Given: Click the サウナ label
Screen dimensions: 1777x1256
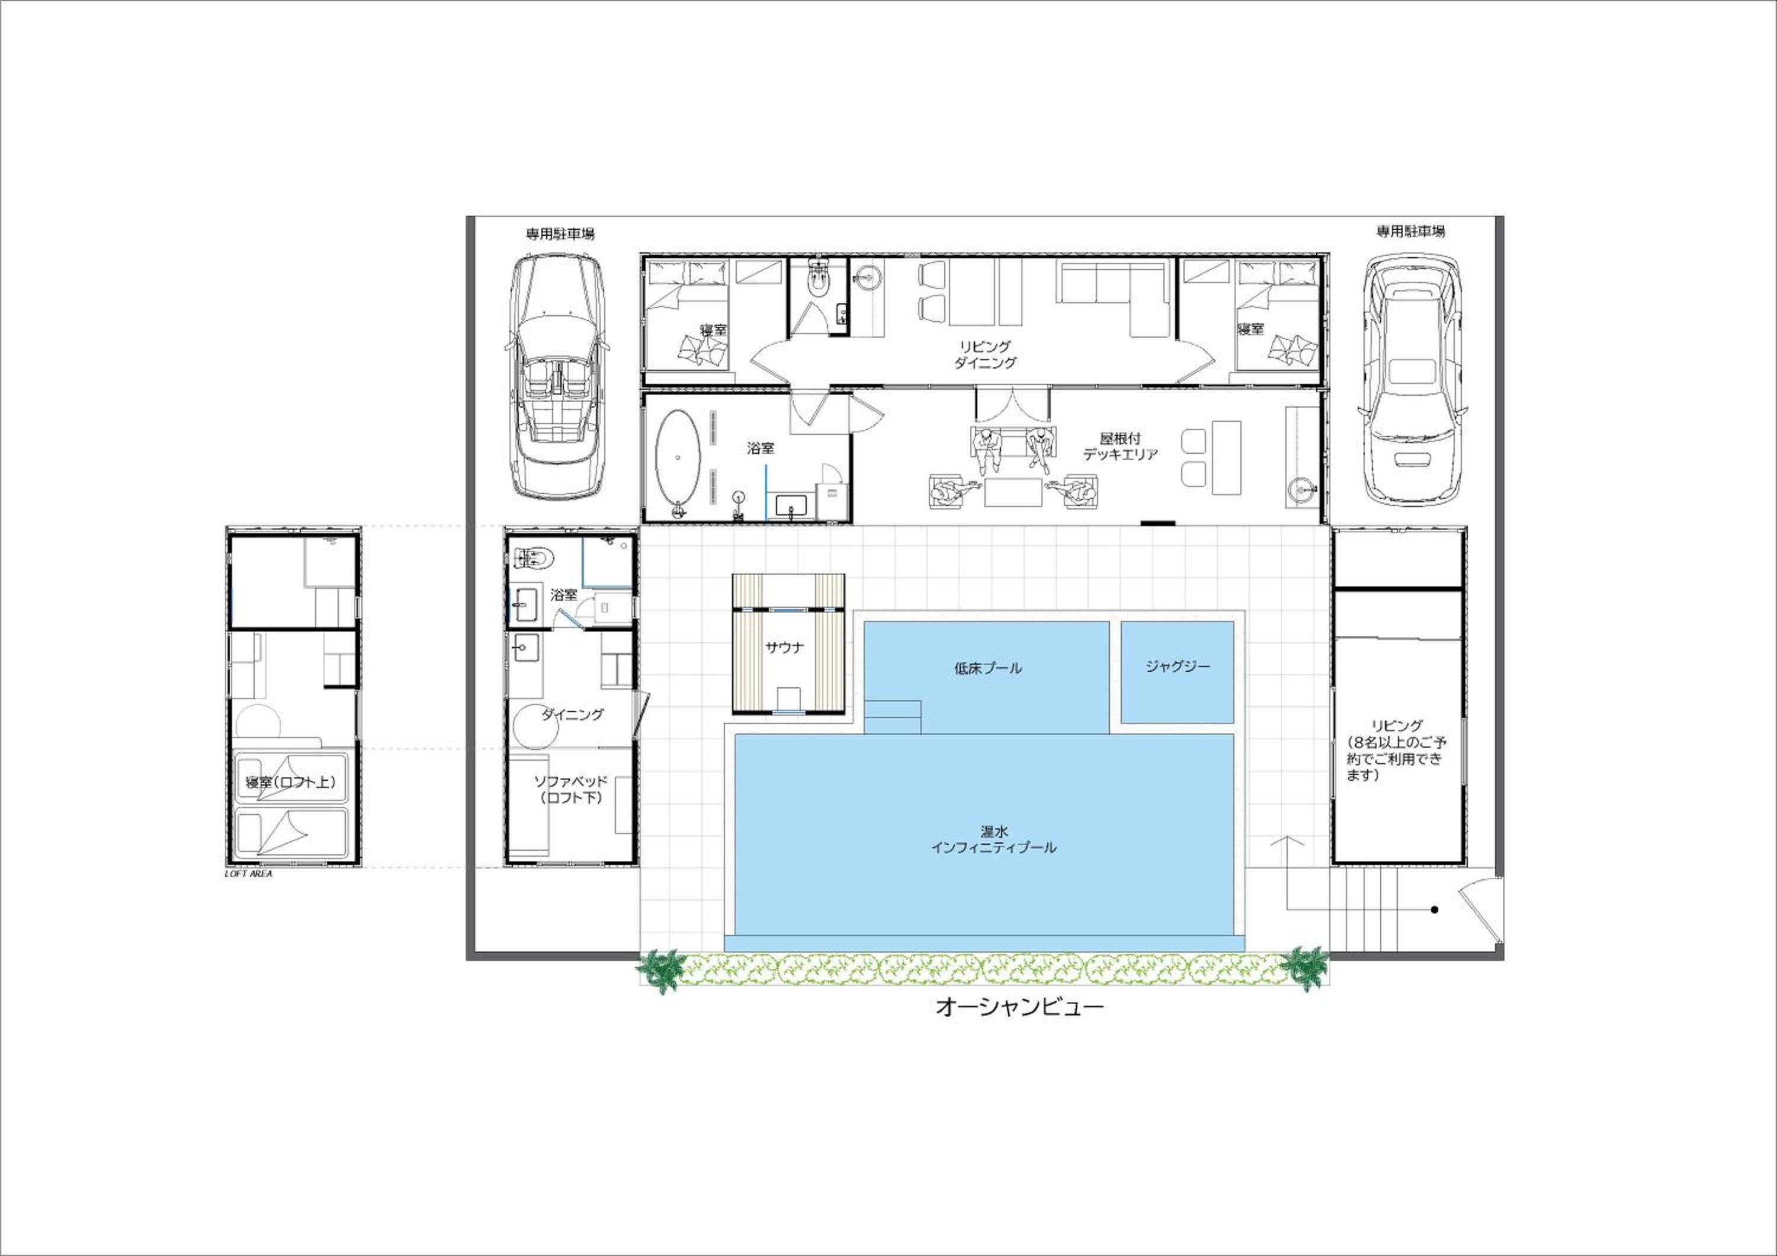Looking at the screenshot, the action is (x=785, y=648).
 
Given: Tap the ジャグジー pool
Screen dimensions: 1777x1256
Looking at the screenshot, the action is (x=1177, y=672).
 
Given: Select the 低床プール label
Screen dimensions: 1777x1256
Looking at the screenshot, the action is (x=987, y=668).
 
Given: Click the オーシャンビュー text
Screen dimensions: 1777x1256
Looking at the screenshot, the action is (x=1019, y=1007).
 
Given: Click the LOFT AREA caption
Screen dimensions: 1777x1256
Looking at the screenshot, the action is (x=248, y=874).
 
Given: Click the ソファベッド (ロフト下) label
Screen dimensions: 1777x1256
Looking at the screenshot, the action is (x=571, y=789).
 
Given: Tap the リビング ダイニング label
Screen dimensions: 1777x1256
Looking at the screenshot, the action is (x=984, y=354).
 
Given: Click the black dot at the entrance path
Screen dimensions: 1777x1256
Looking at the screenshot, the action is (x=1434, y=910).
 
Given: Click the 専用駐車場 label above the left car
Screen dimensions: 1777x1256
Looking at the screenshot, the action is (x=560, y=233).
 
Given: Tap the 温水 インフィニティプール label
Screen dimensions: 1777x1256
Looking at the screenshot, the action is (x=994, y=839).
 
